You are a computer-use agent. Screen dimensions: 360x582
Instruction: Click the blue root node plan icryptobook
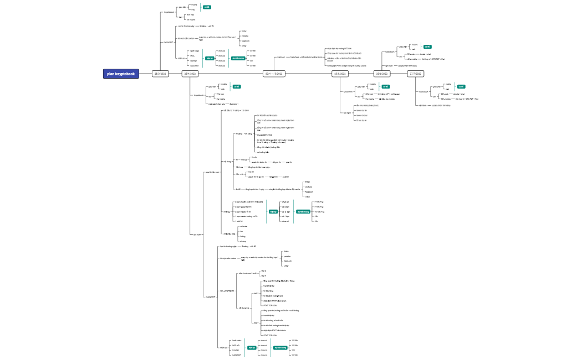[x=121, y=74]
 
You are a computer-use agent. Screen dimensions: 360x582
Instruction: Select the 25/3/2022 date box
[x=160, y=74]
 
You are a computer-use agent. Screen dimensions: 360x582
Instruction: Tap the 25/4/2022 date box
[x=190, y=74]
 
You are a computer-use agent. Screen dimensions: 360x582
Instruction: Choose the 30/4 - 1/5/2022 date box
[x=274, y=74]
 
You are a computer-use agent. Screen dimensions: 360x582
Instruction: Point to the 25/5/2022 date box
[x=340, y=74]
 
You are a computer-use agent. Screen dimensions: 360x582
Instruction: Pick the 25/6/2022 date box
[x=382, y=74]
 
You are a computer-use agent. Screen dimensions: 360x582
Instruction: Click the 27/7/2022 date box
[x=415, y=74]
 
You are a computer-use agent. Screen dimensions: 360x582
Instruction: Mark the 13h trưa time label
[x=239, y=167]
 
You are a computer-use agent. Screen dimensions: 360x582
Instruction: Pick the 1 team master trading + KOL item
[x=247, y=217]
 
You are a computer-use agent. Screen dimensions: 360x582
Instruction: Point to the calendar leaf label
[x=242, y=227]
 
